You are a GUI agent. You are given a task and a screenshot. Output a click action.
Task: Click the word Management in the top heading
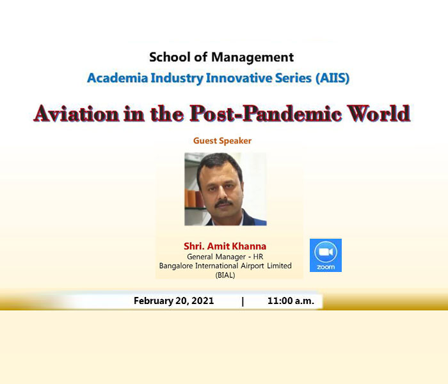(x=252, y=58)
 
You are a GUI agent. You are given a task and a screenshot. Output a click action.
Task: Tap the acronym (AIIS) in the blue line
(x=333, y=78)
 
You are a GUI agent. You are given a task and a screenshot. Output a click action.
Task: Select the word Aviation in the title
(x=76, y=113)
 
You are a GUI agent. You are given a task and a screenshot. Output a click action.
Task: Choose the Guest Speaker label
(x=222, y=141)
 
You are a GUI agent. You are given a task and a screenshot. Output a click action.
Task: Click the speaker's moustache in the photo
(x=223, y=203)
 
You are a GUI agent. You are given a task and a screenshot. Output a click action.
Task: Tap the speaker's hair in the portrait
(x=219, y=164)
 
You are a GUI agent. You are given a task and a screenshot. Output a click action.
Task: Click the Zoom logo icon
(x=326, y=255)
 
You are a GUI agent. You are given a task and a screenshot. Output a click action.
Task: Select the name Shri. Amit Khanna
(x=225, y=246)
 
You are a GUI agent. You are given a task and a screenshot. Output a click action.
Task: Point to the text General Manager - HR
(x=225, y=257)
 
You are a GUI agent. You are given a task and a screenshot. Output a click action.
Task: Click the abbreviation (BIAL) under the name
(x=225, y=275)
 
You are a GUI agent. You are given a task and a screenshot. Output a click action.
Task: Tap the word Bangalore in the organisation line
(x=176, y=266)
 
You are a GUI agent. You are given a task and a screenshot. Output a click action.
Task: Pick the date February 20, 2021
(x=173, y=301)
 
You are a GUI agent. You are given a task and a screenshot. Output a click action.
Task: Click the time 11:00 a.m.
(x=291, y=301)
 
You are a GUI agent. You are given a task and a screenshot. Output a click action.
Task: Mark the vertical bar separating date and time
(x=243, y=301)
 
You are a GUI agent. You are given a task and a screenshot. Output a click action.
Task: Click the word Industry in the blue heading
(x=177, y=78)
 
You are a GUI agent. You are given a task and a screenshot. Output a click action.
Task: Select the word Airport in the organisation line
(x=252, y=266)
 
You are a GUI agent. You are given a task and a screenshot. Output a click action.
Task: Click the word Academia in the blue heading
(x=117, y=78)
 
